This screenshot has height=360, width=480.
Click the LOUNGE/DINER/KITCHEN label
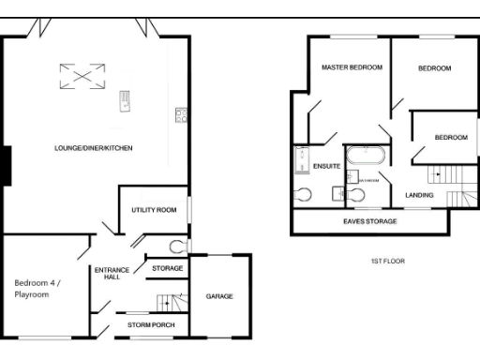tap(94, 148)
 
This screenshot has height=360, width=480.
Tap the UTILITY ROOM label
tap(154, 210)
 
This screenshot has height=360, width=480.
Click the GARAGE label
tap(219, 296)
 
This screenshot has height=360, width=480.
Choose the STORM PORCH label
tap(150, 325)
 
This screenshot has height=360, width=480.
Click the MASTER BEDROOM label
tap(352, 68)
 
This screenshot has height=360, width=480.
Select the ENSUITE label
tap(327, 166)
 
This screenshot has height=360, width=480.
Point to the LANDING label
tap(419, 195)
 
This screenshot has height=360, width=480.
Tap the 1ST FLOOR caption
tap(388, 262)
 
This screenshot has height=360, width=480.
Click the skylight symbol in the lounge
tap(79, 75)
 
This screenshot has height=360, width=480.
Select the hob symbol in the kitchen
tap(180, 115)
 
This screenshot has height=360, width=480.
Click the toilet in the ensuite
tap(302, 195)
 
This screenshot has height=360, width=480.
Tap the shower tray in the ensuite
tap(302, 160)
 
